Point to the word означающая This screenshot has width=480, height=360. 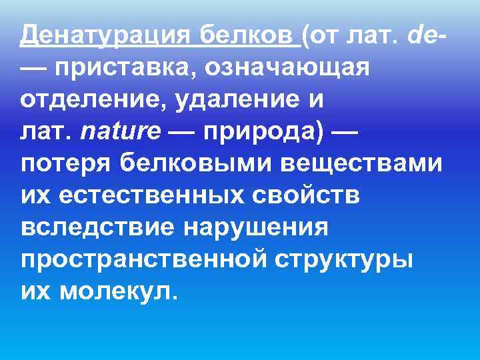(x=287, y=67)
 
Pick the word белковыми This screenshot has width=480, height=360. (x=188, y=163)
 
